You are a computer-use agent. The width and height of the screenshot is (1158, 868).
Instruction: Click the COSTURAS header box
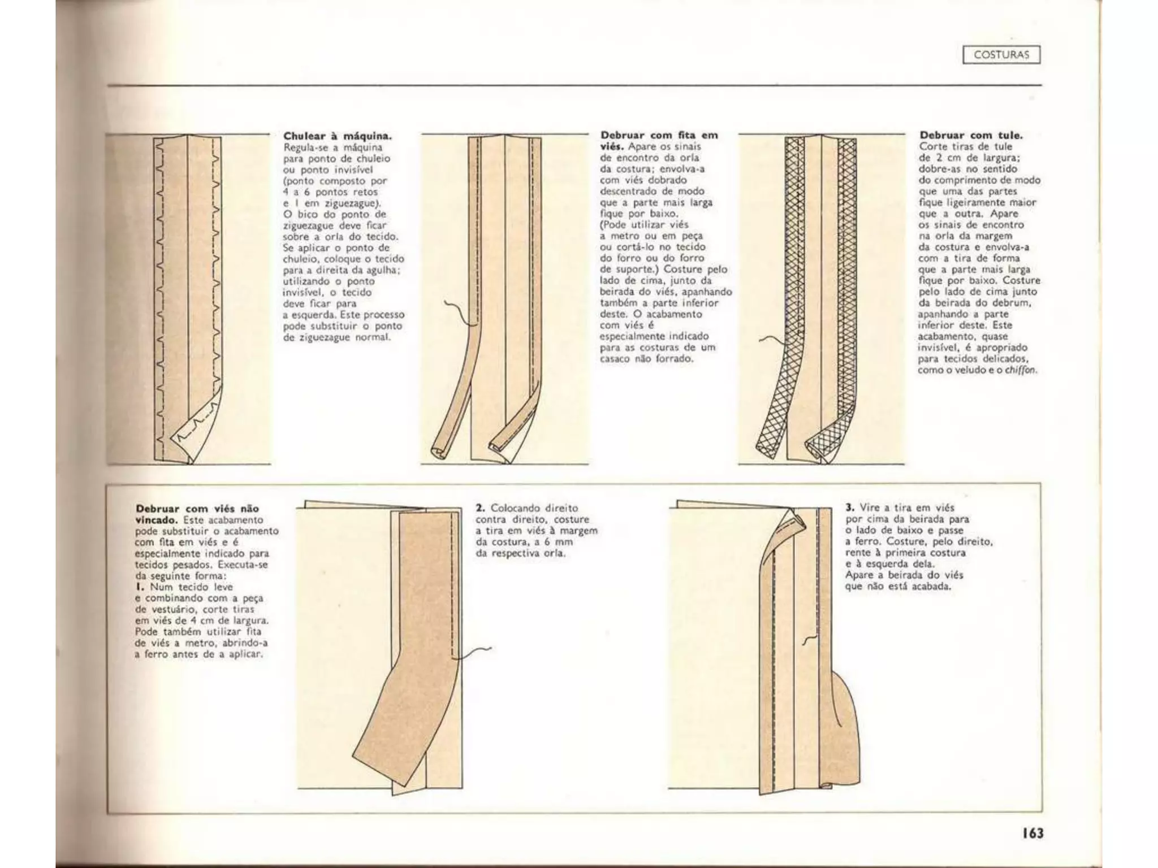click(1001, 55)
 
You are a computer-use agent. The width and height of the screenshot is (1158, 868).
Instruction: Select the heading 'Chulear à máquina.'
click(337, 136)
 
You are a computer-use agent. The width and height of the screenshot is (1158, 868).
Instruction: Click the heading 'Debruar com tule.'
click(971, 135)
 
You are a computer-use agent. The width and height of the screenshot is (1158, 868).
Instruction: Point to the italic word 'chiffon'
click(1023, 371)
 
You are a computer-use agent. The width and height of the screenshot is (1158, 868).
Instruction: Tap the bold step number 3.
click(849, 507)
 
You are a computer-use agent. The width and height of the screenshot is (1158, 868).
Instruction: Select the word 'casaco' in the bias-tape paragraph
click(615, 359)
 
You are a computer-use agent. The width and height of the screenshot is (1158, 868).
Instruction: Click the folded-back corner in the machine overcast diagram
click(195, 432)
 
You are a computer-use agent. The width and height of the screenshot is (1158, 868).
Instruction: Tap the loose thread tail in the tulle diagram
click(768, 339)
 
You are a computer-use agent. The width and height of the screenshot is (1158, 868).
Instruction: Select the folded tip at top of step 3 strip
click(794, 517)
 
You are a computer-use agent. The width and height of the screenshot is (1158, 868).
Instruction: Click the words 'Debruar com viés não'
click(197, 509)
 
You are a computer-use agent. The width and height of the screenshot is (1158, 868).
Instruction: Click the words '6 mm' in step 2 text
click(560, 542)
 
